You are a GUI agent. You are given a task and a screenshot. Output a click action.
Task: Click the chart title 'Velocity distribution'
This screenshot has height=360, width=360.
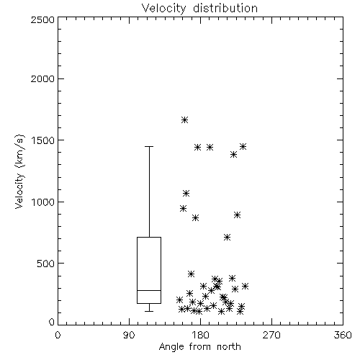pos(199,8)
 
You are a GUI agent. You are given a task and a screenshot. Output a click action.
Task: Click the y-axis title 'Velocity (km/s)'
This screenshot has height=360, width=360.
pos(19,171)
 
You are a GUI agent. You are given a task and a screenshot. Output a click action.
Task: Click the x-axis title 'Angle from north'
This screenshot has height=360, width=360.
pos(199,347)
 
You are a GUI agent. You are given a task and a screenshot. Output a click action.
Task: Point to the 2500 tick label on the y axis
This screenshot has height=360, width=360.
pos(42,19)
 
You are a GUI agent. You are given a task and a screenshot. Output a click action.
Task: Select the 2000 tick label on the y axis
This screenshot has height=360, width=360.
pos(42,78)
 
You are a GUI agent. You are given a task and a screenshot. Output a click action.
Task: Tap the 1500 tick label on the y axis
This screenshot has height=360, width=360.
pos(43,140)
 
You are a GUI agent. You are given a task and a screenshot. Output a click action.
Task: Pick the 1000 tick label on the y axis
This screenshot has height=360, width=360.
pos(43,202)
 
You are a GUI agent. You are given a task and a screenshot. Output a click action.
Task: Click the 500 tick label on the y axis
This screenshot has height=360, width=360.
pos(46,264)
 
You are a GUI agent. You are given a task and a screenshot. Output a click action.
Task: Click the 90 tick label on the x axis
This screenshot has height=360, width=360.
pos(129,335)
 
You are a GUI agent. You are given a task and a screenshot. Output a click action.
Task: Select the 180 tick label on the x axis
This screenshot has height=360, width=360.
pos(200,335)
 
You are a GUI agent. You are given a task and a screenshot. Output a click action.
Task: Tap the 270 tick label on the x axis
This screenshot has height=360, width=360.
pos(271,335)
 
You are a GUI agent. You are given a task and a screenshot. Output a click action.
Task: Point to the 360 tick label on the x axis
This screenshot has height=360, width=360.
pos(343,335)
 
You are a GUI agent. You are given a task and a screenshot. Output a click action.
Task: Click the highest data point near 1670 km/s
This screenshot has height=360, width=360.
pos(184,120)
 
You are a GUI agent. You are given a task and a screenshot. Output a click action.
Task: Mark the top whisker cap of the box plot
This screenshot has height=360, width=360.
pos(149,146)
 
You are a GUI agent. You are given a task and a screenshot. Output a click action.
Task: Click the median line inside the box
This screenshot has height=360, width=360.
pos(149,290)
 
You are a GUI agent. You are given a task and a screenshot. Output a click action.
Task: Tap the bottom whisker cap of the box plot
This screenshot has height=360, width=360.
pos(149,311)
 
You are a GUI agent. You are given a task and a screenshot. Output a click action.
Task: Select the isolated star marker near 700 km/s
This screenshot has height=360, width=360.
pos(227,238)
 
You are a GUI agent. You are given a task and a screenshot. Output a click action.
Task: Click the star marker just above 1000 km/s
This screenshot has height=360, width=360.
pos(186,193)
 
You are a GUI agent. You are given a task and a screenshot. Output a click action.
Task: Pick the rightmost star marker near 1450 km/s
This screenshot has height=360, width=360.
pos(243,146)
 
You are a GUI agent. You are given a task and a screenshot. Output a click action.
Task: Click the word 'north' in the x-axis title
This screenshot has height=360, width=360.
pos(229,347)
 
